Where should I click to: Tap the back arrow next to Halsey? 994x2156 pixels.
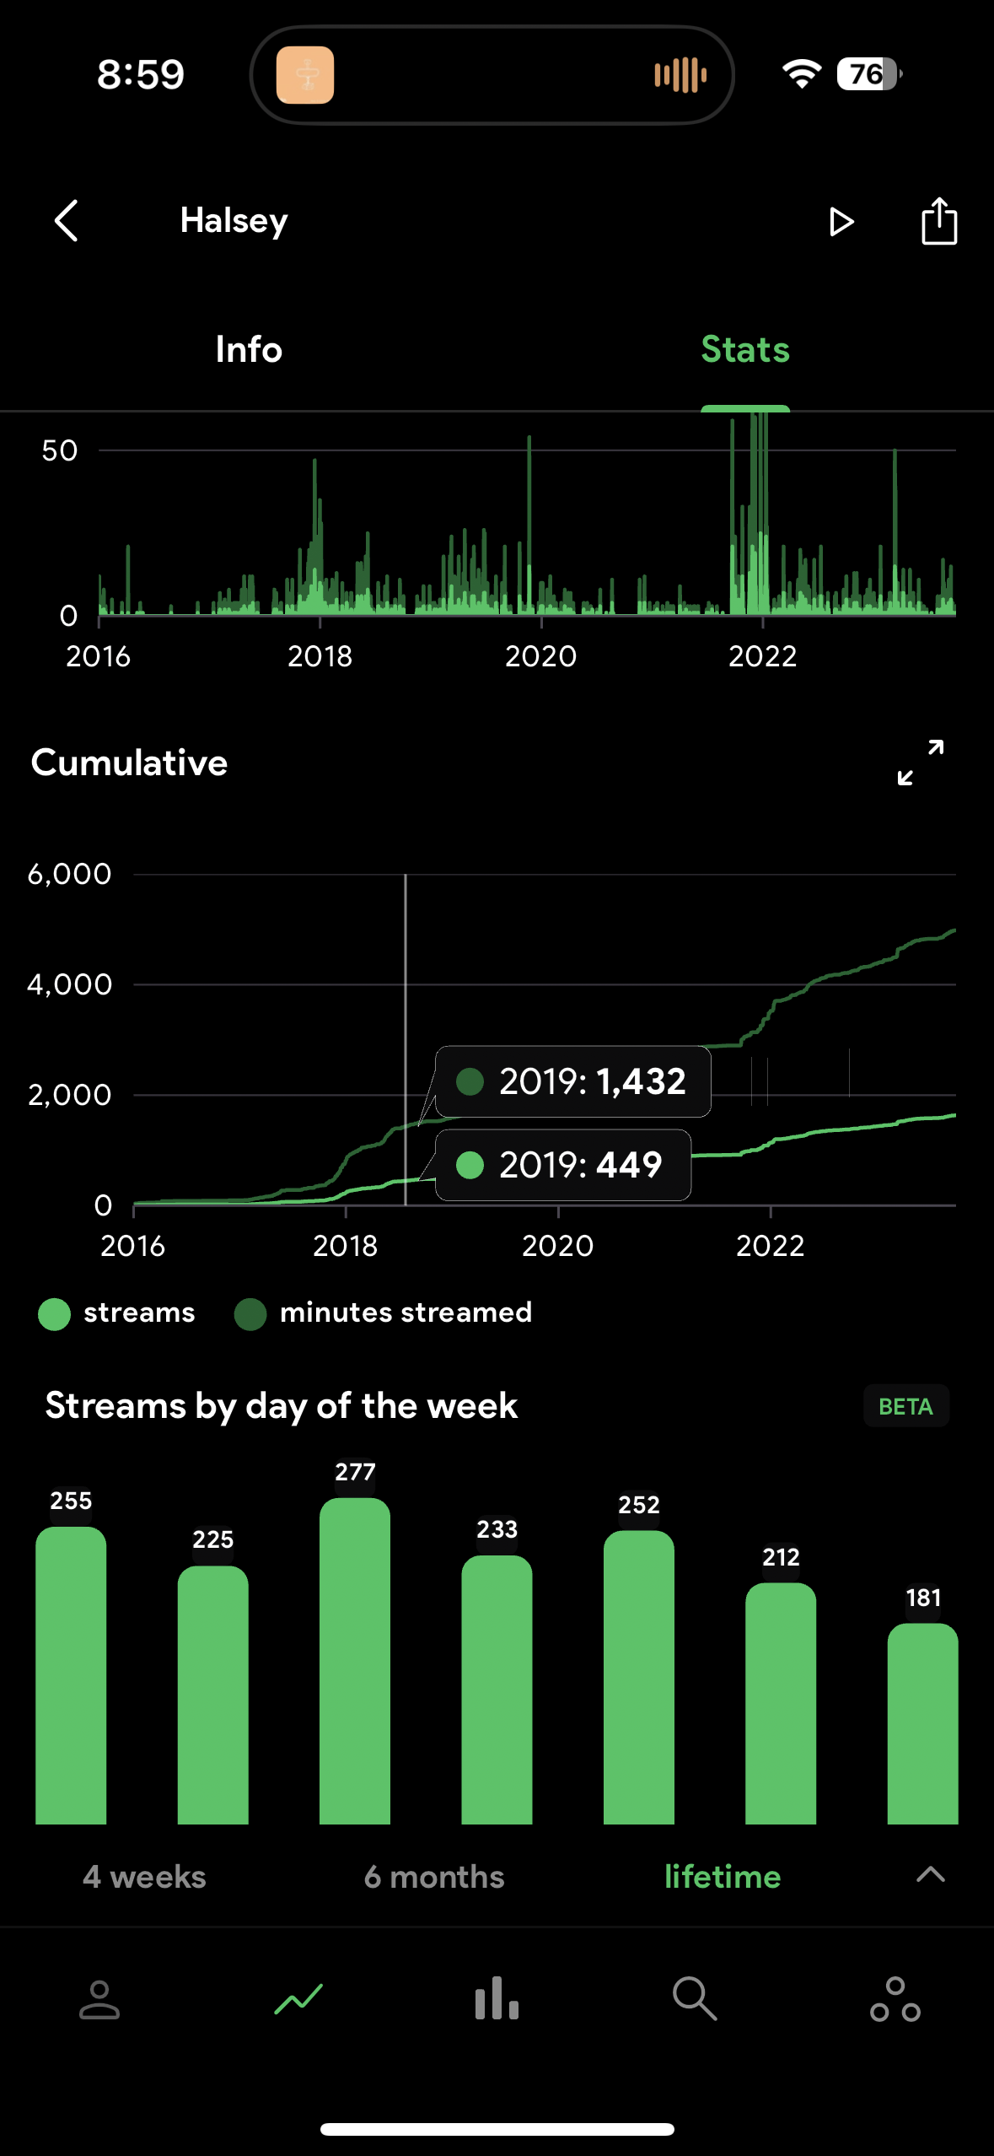pyautogui.click(x=67, y=221)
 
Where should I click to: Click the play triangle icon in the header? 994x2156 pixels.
pyautogui.click(x=841, y=222)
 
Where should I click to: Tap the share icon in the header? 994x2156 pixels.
pyautogui.click(x=938, y=221)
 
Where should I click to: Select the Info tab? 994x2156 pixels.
pyautogui.click(x=249, y=349)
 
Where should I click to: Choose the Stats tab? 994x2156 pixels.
pyautogui.click(x=745, y=349)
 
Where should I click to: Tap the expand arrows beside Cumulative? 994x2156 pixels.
pyautogui.click(x=921, y=763)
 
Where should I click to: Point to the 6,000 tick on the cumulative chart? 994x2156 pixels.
pyautogui.click(x=69, y=874)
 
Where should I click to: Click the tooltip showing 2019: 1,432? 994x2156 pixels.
pyautogui.click(x=573, y=1081)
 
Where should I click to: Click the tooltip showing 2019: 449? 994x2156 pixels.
pyautogui.click(x=563, y=1165)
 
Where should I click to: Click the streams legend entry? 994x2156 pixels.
pyautogui.click(x=117, y=1313)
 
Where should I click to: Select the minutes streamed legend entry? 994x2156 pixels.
pyautogui.click(x=384, y=1313)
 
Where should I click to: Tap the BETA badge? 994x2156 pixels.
pyautogui.click(x=905, y=1406)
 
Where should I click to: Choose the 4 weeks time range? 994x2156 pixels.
pyautogui.click(x=144, y=1877)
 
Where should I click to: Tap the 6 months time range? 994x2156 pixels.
pyautogui.click(x=434, y=1877)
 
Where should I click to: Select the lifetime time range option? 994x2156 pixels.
pyautogui.click(x=723, y=1877)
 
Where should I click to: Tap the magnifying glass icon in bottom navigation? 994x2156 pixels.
pyautogui.click(x=695, y=1999)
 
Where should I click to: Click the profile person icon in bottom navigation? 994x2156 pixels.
pyautogui.click(x=99, y=1999)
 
